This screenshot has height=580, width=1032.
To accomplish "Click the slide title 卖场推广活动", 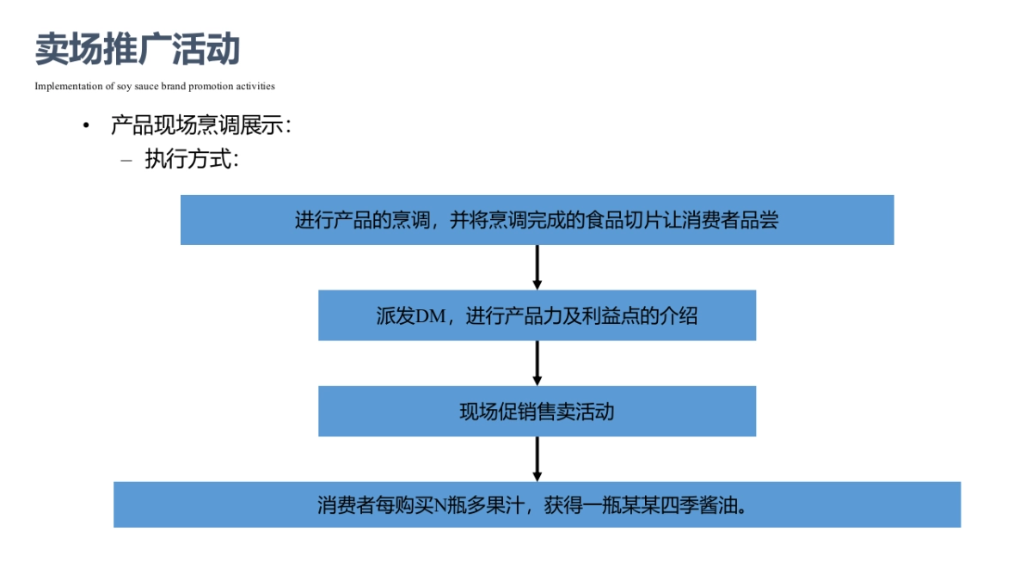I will click(x=138, y=50).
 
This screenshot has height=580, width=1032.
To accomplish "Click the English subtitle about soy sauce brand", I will click(x=155, y=86).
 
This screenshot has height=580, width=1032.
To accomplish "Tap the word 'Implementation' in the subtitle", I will click(x=63, y=86).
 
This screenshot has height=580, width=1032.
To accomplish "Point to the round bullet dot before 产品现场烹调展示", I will click(x=86, y=126).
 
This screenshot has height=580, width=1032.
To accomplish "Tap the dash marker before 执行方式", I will click(x=127, y=160).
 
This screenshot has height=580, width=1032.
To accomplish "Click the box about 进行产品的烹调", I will click(x=537, y=220).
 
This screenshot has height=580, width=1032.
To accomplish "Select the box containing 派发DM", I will click(x=537, y=315).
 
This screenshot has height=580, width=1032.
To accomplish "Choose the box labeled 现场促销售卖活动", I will click(x=537, y=412).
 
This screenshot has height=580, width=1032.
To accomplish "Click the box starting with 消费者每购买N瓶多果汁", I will click(x=537, y=504).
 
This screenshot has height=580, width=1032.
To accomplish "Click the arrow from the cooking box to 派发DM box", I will click(x=537, y=267).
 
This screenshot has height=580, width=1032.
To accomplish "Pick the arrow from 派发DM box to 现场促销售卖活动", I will click(x=537, y=363).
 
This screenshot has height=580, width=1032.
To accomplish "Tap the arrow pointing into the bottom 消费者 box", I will click(x=537, y=459).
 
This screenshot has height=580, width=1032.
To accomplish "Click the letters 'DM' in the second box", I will click(x=431, y=316).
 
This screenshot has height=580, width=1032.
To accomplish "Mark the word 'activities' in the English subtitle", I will click(x=255, y=86).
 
